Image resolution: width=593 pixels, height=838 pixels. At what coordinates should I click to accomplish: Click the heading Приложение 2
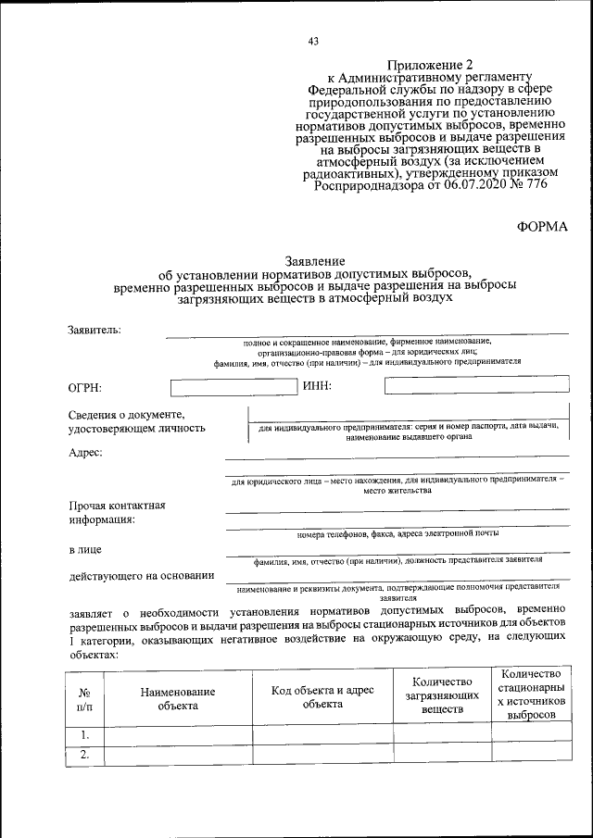(x=430, y=65)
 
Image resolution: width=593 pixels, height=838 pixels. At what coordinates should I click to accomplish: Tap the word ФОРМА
(x=542, y=226)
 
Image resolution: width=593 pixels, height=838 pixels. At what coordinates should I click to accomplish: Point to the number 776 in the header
(x=535, y=183)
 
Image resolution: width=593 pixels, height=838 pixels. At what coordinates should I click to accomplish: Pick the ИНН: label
(x=318, y=386)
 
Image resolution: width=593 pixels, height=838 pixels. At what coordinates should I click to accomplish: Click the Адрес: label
(x=86, y=453)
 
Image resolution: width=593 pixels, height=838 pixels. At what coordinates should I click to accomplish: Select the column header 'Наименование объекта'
(x=178, y=699)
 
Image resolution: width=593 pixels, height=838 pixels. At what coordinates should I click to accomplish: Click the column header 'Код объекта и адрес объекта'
(x=322, y=697)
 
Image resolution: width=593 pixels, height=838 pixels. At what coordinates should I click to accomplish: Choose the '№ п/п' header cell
(x=84, y=699)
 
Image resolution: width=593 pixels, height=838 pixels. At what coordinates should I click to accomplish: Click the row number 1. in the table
(x=84, y=735)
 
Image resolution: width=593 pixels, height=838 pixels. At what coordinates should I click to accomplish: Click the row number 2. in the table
(x=84, y=755)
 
